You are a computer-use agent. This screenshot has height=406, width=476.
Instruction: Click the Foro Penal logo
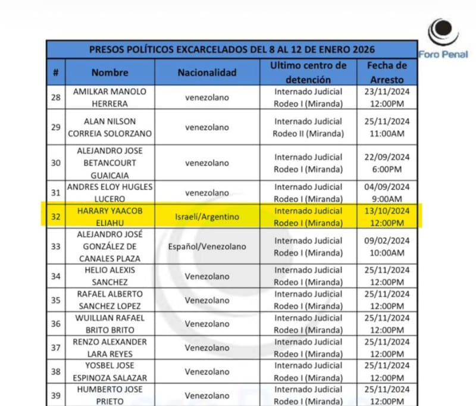443,38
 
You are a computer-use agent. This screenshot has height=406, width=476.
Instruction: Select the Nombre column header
109,73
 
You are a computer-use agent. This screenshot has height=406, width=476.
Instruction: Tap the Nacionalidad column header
206,73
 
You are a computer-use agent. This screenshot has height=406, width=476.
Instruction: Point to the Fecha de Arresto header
386,72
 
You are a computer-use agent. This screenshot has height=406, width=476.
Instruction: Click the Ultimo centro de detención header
308,72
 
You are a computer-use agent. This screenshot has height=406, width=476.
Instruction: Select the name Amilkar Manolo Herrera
109,98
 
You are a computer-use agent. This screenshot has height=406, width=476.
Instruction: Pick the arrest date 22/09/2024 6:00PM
386,163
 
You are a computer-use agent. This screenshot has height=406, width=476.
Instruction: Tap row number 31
55,193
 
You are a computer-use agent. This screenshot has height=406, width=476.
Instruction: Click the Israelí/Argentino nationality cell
206,217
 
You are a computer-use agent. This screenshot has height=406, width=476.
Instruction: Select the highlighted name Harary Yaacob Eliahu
109,217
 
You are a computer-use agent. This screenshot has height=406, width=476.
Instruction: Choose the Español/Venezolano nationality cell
206,246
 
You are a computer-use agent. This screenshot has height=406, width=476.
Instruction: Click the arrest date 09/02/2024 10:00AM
386,246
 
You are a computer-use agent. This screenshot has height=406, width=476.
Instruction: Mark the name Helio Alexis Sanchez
109,276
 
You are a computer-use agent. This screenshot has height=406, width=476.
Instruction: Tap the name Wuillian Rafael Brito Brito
109,324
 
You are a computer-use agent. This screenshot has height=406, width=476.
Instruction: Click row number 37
55,348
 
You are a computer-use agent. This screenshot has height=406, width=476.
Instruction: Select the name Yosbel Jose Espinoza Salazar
109,371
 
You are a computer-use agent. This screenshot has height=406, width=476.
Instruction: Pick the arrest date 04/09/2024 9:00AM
386,193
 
